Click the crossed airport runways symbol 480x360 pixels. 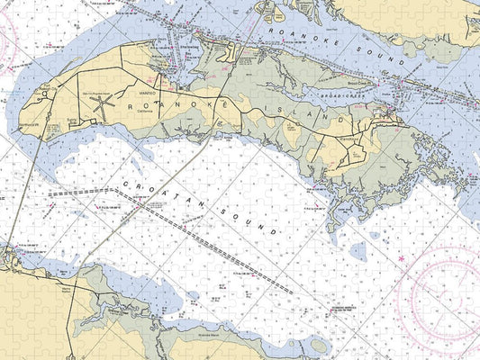[102, 108]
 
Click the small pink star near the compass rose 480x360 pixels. [401, 258]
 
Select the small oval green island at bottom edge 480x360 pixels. [316, 346]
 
